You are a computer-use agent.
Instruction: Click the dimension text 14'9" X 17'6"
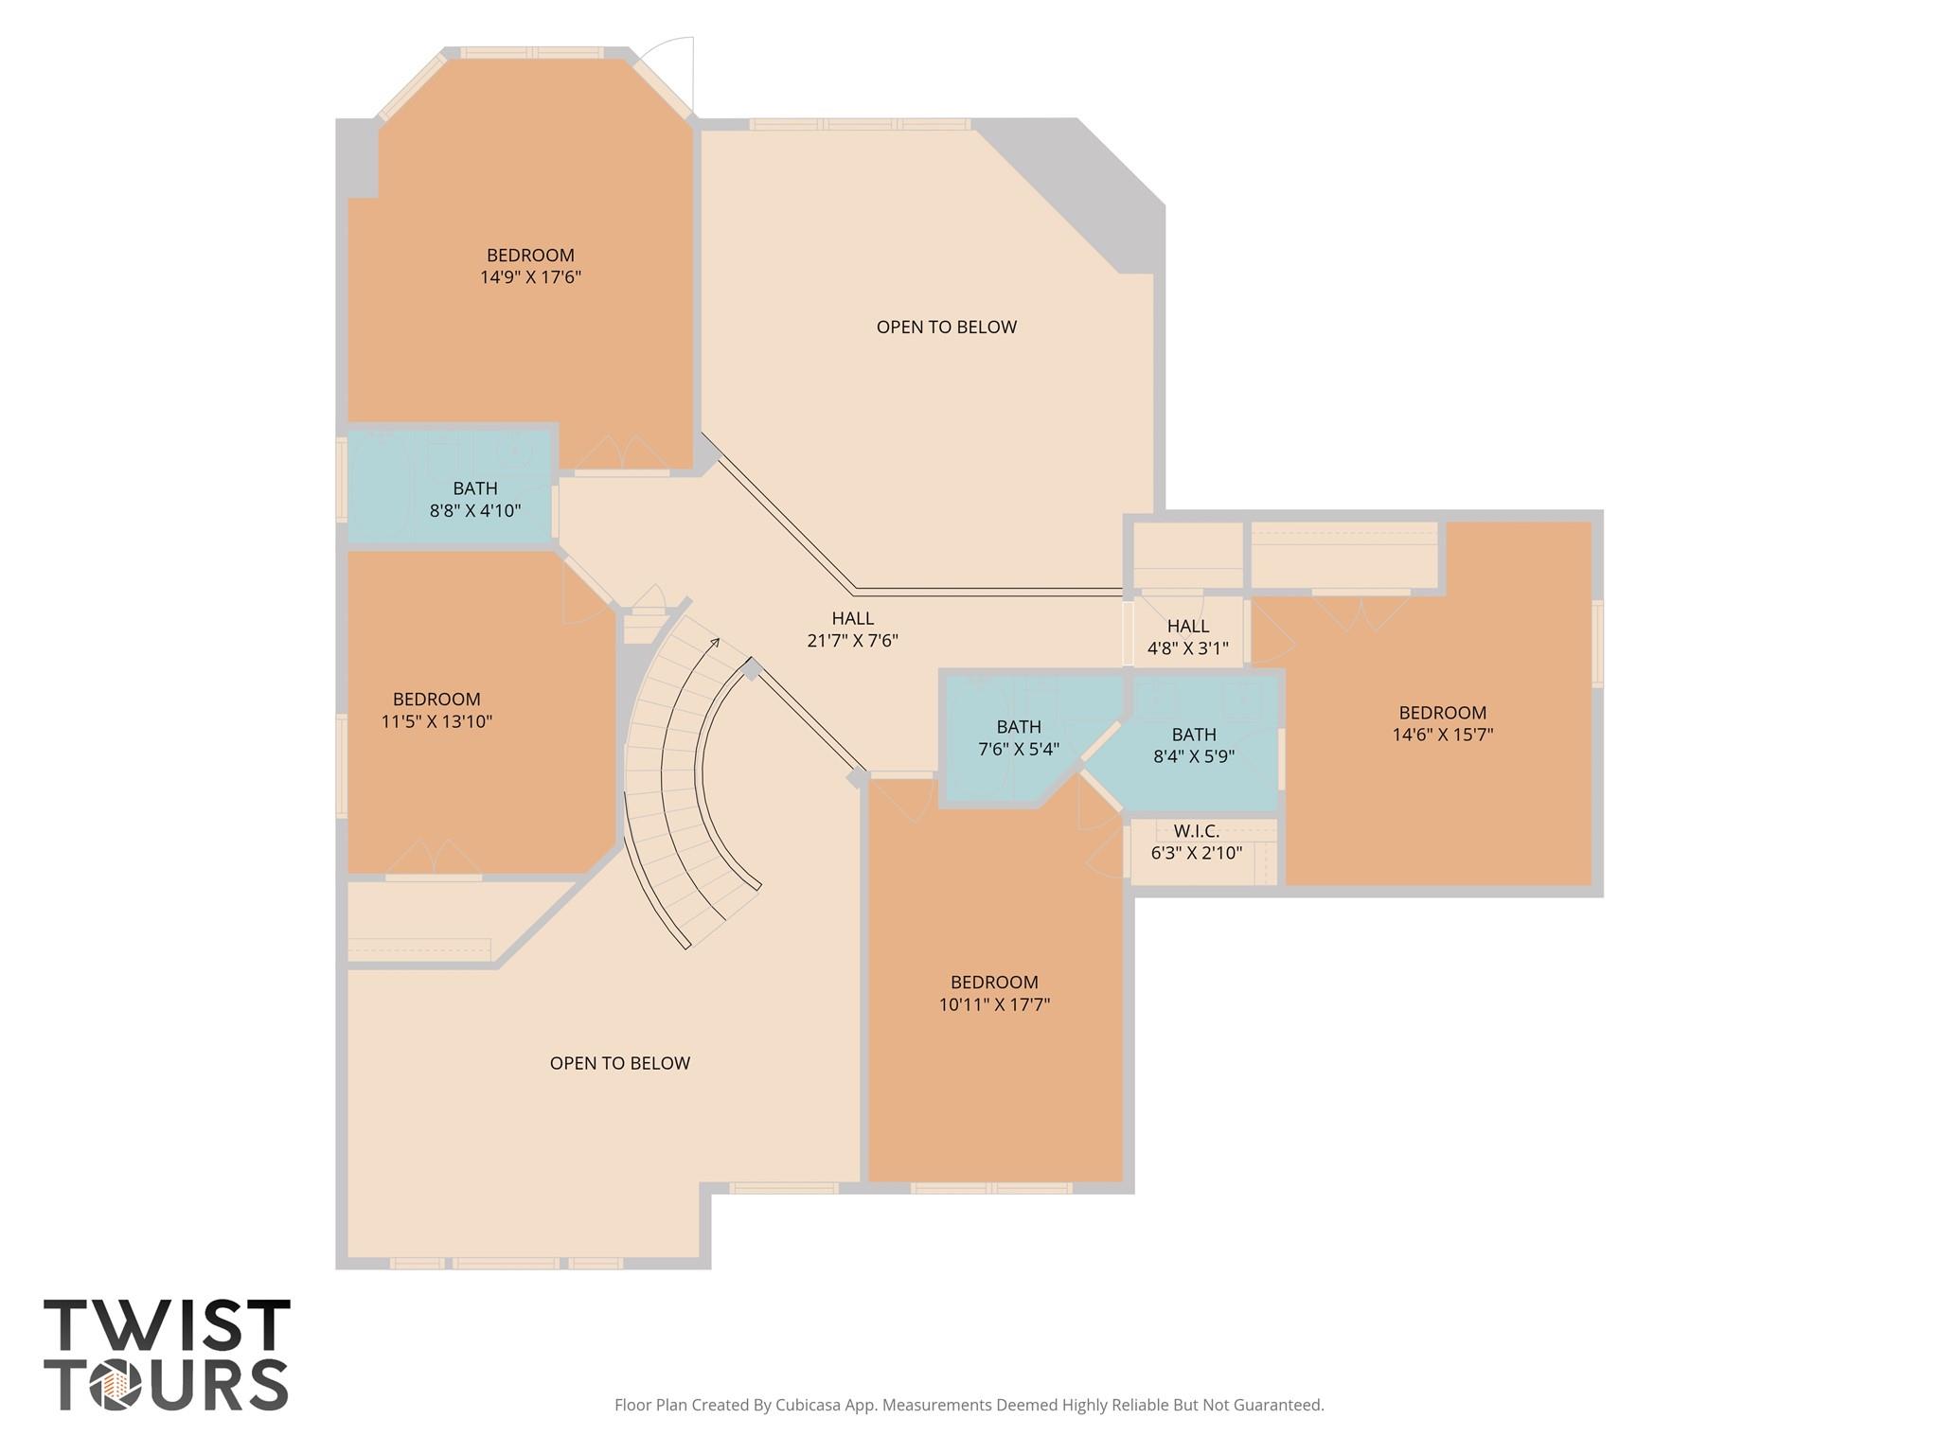(530, 277)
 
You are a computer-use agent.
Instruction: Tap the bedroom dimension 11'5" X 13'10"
(436, 721)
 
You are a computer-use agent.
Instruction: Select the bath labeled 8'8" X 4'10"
(474, 500)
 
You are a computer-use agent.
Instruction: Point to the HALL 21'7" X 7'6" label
(852, 629)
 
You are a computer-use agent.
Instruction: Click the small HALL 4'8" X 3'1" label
(1187, 637)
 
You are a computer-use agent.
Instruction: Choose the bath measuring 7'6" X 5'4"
(1018, 737)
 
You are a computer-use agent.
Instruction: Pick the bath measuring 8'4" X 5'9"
(1193, 745)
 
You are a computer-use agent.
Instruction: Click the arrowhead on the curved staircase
(715, 642)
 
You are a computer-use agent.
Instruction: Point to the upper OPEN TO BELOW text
(946, 327)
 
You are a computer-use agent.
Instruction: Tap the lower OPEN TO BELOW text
(619, 1063)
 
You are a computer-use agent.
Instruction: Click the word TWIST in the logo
(167, 1326)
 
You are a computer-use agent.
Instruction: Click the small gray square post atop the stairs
(751, 670)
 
